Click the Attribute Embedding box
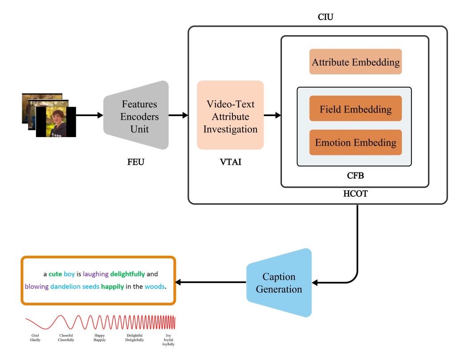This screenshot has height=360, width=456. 355,61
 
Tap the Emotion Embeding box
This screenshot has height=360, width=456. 355,142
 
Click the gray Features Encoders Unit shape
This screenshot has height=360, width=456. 136,115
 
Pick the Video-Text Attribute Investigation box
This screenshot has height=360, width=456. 230,115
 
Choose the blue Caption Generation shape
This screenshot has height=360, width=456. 279,283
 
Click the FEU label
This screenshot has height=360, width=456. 136,162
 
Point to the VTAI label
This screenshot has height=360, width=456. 231,162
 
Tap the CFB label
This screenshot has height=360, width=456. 355,175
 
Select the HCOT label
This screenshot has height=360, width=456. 355,194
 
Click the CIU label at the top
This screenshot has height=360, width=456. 326,17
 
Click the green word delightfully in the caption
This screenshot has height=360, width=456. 127,274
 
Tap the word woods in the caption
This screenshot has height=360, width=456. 155,286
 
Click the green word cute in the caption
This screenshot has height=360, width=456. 55,274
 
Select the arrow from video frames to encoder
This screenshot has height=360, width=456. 90,115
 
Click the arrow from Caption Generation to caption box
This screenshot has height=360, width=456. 211,282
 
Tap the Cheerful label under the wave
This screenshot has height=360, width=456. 66,335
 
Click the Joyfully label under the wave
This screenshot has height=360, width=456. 168,344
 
